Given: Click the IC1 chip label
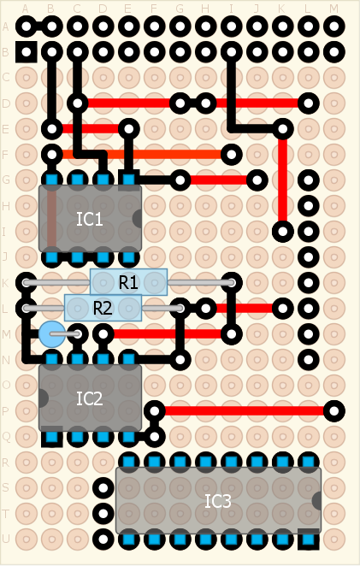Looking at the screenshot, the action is (90, 219).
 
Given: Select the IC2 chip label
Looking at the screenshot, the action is (90, 398).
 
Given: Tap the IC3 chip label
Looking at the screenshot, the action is (218, 501).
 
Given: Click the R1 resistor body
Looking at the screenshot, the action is (128, 282).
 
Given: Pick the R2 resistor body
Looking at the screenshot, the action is (103, 308).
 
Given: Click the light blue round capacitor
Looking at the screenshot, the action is (52, 334).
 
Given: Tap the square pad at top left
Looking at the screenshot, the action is (27, 52).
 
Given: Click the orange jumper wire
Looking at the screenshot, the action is (142, 155).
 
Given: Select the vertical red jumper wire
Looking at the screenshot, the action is (283, 180).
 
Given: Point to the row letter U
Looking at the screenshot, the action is (5, 539).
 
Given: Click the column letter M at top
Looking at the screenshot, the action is (334, 9).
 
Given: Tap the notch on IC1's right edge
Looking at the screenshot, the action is (137, 218).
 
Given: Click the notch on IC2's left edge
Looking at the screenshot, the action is (44, 398).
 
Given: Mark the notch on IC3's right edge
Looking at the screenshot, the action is (316, 501).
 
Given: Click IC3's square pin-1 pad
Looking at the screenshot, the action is (309, 539).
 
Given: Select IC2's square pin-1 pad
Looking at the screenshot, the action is (52, 437).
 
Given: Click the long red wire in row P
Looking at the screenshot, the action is (244, 410).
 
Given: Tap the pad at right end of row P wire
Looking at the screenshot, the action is (334, 410).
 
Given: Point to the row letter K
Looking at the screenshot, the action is (5, 283).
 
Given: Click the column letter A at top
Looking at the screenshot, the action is (26, 9).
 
